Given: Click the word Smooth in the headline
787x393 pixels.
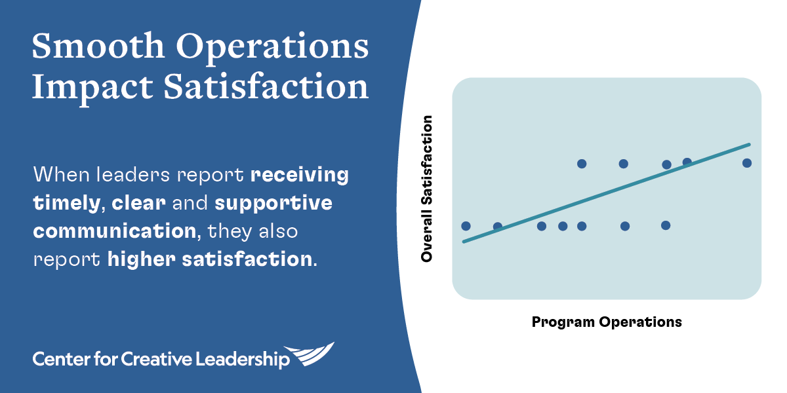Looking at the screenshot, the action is pos(98,46).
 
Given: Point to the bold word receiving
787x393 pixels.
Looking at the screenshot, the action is pos(299,176).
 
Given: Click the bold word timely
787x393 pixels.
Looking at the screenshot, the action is pos(67,204).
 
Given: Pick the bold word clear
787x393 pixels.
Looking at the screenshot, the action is pos(138,203).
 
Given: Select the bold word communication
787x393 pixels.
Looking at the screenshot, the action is pos(115,231).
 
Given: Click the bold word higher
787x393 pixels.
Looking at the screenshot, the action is pos(141,259).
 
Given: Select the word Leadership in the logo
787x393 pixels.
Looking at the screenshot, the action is pos(243,360).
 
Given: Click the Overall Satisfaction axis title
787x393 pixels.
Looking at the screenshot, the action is pos(426,189).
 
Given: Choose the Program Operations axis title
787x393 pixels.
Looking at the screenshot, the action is pos(607,322).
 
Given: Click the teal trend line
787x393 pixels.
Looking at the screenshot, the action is pos(607,193).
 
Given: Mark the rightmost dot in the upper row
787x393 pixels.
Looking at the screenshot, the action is pos(747,163).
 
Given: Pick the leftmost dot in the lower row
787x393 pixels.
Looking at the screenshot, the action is pos(466,226).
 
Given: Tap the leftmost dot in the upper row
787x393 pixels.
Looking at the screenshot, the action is pos(582,164).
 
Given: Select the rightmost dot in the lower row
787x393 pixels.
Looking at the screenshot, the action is pos(666,225).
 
